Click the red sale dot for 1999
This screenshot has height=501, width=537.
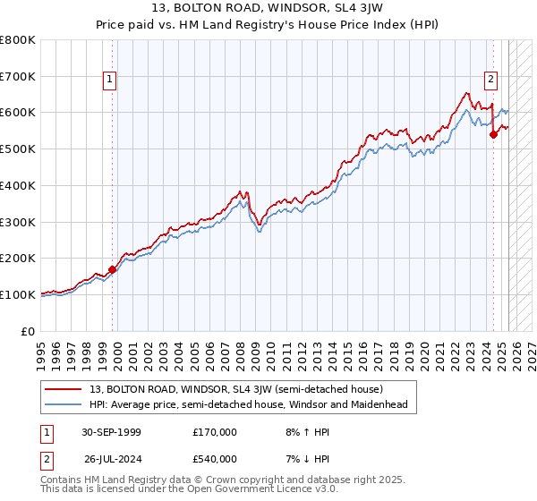pyautogui.click(x=112, y=268)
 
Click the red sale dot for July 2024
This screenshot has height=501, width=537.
pyautogui.click(x=493, y=135)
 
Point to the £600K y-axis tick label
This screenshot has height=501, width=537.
pyautogui.click(x=18, y=113)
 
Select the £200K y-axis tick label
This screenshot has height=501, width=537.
pyautogui.click(x=18, y=258)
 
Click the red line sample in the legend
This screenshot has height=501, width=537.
pyautogui.click(x=64, y=389)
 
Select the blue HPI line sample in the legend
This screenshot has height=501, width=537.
pyautogui.click(x=64, y=404)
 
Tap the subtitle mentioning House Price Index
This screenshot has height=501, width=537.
pyautogui.click(x=268, y=26)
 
